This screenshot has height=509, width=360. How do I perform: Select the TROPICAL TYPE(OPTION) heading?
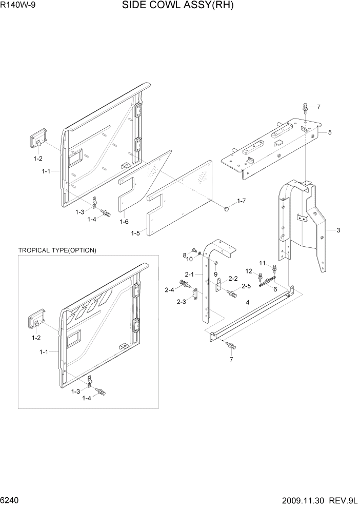coord(57,250)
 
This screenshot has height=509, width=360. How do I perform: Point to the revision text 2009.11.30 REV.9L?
coord(318,500)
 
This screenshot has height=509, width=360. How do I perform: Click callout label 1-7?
coord(242,201)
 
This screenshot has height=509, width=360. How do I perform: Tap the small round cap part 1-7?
coord(227,209)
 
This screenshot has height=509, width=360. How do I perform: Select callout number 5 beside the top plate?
coord(330,132)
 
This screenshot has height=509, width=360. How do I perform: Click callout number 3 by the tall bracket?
coord(338,230)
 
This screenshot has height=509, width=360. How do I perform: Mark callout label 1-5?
coord(135,233)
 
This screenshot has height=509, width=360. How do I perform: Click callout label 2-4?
coord(169,290)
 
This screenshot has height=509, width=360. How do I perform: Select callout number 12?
coord(248,271)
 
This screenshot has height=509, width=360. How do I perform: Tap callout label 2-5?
coord(246,286)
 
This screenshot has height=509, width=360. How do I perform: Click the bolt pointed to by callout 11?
coord(274,268)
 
